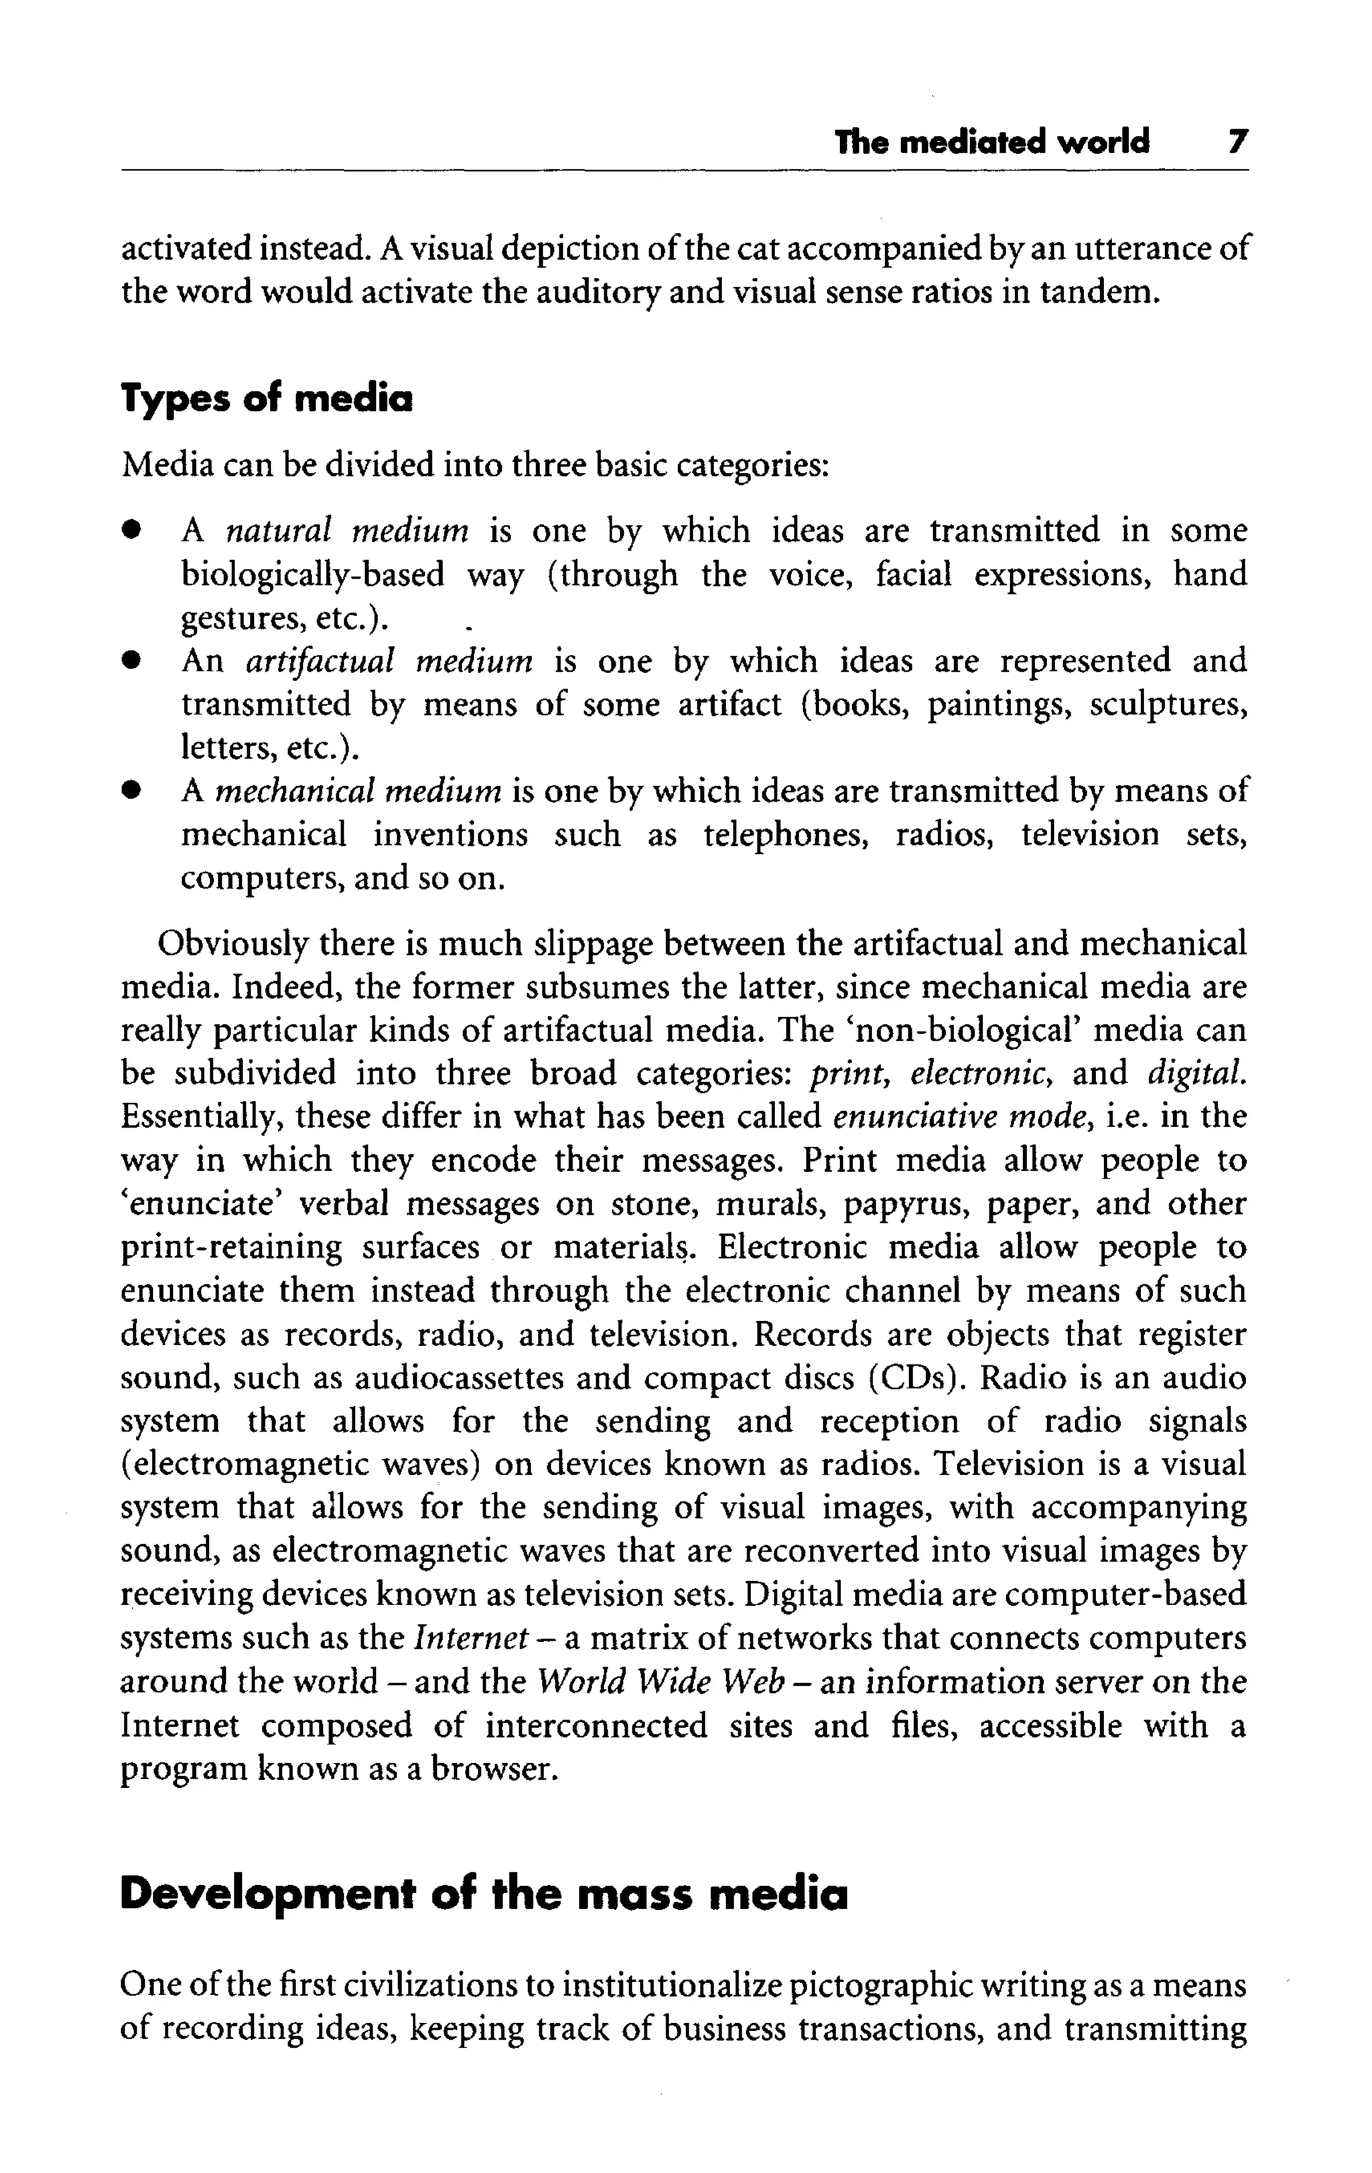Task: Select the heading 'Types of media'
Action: point(267,398)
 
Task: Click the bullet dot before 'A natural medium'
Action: point(132,530)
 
